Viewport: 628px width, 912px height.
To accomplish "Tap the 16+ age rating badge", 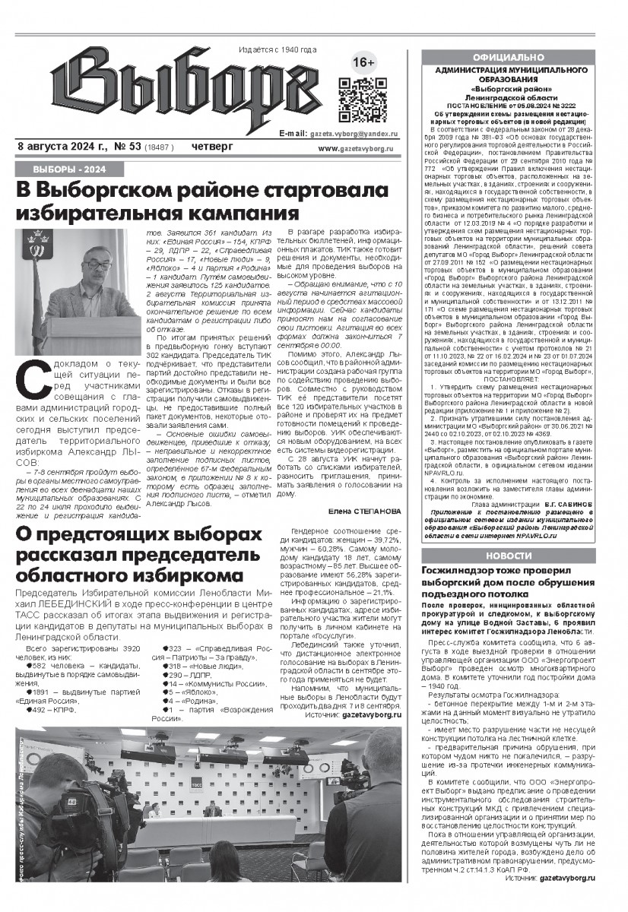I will (x=365, y=63).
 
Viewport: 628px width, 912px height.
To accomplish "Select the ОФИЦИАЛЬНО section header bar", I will (x=508, y=58).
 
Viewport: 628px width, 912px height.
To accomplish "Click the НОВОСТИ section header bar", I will (x=508, y=556).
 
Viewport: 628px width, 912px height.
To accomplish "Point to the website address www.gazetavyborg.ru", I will (x=361, y=149).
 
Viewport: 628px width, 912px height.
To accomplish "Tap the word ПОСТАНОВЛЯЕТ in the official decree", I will (x=508, y=378).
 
